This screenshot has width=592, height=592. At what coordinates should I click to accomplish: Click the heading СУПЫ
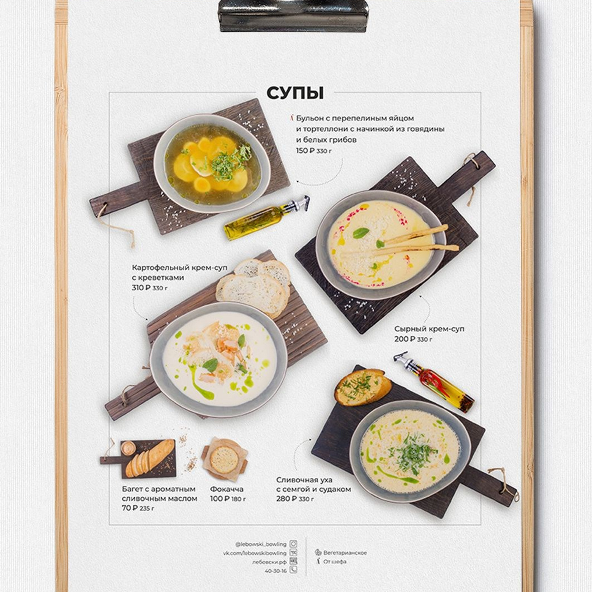click(x=295, y=93)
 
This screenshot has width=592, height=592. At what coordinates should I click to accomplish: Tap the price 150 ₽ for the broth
click(x=306, y=150)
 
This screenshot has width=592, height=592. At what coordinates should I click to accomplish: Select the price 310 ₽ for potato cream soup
click(x=141, y=288)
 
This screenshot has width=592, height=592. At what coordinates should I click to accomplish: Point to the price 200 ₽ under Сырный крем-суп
click(x=405, y=339)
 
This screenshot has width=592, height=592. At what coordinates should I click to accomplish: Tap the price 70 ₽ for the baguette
click(x=129, y=508)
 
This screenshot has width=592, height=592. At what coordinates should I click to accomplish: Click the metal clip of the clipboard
click(x=293, y=15)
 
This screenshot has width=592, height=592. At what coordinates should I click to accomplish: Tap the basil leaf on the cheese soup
click(x=361, y=233)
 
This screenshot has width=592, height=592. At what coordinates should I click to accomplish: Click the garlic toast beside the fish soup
click(x=363, y=387)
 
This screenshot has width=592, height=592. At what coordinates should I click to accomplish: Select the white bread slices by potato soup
click(x=254, y=286)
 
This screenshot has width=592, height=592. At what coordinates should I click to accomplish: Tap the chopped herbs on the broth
click(x=228, y=162)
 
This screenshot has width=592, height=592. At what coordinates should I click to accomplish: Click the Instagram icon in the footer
click(x=293, y=544)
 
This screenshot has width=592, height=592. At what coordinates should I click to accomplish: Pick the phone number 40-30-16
click(x=276, y=571)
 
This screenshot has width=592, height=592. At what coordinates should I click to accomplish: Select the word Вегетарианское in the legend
click(x=345, y=553)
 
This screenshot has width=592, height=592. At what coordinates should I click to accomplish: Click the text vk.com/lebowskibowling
click(x=255, y=553)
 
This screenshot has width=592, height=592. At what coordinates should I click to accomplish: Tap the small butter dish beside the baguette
click(x=128, y=448)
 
